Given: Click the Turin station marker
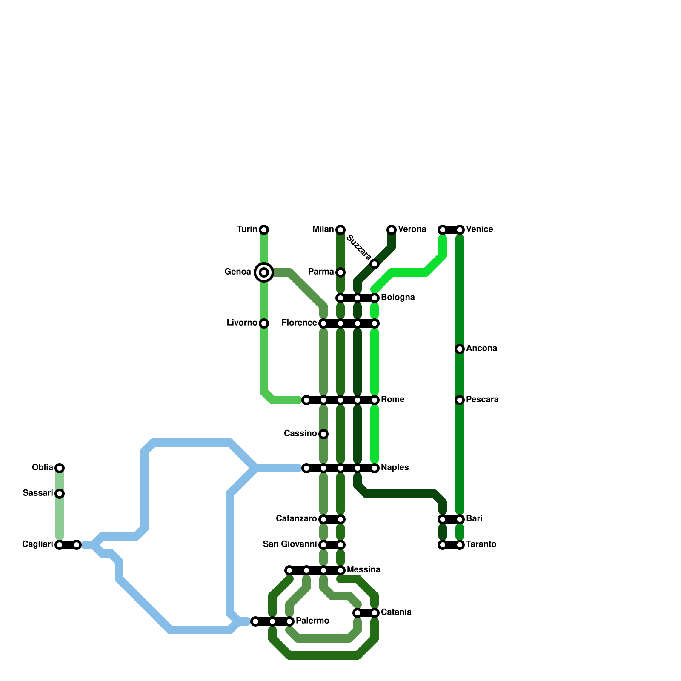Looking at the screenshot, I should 264,230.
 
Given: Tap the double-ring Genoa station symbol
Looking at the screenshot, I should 264,272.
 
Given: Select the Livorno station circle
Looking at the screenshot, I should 264,323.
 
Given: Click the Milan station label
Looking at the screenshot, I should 323,229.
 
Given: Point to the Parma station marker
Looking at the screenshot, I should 340,272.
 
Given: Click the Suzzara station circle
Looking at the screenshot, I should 375,264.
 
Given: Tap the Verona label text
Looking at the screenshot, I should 412,229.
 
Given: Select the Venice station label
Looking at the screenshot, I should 480,229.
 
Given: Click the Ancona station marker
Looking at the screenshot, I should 460,349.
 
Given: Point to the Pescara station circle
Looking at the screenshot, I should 460,400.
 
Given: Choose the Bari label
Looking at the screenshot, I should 474,519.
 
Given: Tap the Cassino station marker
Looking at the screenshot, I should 323,434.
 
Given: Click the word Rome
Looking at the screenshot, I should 392,400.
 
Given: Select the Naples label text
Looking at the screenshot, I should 395,468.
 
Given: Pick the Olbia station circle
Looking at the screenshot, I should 60,468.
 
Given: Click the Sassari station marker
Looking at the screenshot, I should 60,494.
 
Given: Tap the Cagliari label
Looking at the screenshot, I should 37,544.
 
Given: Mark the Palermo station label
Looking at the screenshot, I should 312,621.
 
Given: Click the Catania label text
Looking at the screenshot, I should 396,612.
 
